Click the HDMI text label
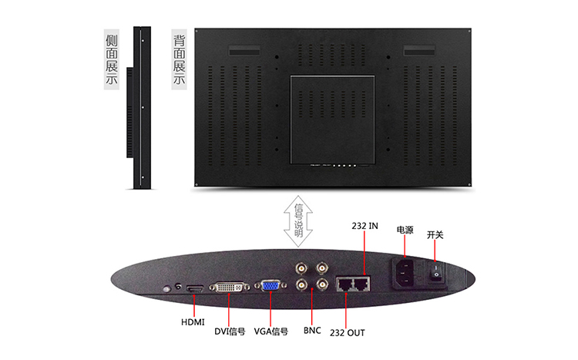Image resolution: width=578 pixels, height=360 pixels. coord(193,322)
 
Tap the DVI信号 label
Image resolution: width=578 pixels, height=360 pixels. coord(230,331)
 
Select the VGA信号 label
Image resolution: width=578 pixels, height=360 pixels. coord(271,331)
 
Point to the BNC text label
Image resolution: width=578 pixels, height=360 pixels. coord(312,330)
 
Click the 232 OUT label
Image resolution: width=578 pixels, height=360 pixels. coord(348,333)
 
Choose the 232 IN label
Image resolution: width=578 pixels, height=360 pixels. coord(365,226)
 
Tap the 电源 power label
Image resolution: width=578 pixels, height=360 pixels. coord(405,230)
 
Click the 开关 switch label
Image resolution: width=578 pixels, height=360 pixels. coord(435,234)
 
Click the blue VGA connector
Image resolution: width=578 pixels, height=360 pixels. coord(271,285)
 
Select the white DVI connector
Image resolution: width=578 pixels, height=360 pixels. coord(230,287)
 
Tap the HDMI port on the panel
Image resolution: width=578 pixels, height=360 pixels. coord(195,289)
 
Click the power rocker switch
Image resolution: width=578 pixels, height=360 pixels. coord(436,271)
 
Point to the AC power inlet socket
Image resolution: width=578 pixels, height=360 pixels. coord(405,272)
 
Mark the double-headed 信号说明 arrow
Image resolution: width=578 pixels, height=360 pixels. coord(298,221)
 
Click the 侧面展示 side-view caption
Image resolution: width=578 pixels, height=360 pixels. coord(112,59)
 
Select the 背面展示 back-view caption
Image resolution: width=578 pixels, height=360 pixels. coord(179,59)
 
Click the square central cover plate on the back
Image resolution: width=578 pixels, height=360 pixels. coord(332,119)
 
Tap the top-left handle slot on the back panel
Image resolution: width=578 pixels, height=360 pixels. coord(244,51)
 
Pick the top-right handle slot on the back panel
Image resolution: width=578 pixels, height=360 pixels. coord(419,51)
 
